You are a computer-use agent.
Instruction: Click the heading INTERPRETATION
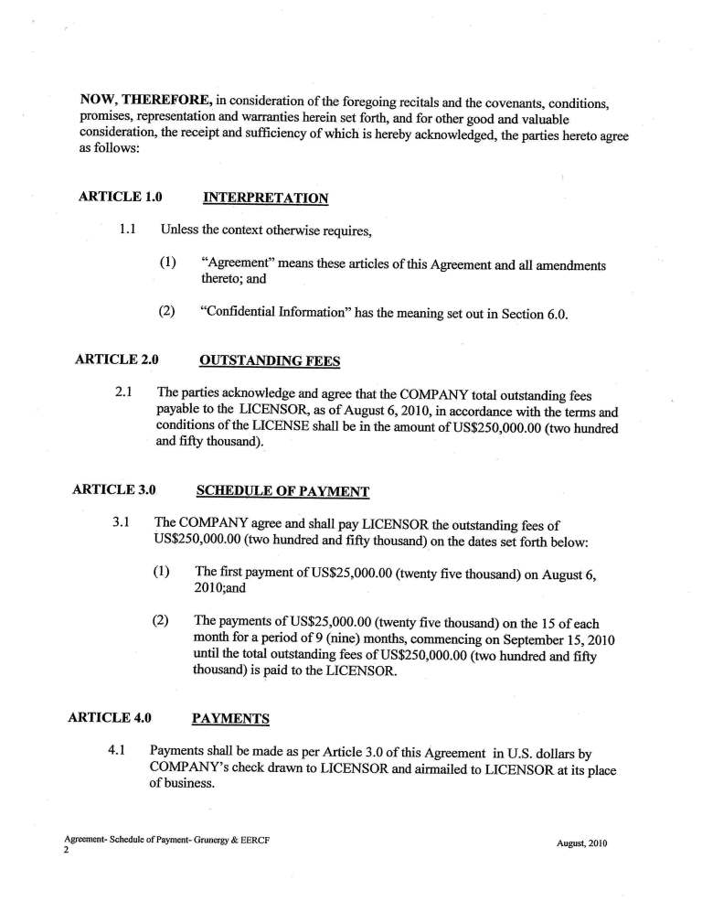(x=264, y=197)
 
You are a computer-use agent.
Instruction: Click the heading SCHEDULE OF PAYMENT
(x=282, y=490)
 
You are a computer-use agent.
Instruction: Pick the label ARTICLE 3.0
(x=113, y=490)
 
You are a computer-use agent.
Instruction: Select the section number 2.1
(x=126, y=393)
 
